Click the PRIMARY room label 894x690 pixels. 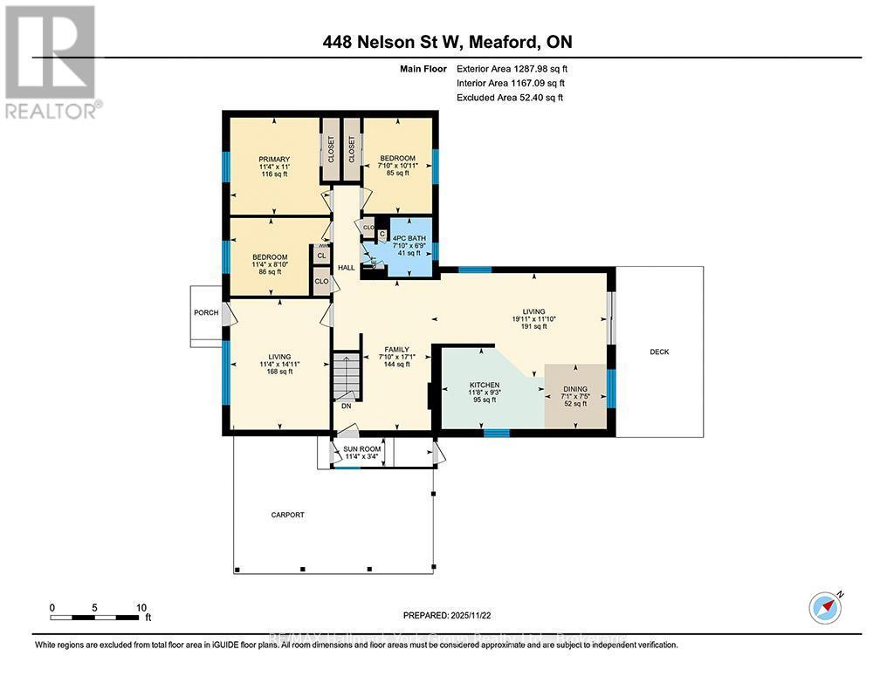tap(274, 159)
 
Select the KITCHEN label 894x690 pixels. tap(485, 385)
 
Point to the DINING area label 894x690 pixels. tap(574, 389)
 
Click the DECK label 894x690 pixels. tap(659, 352)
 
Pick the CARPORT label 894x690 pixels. tap(287, 515)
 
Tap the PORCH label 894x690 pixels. tap(206, 312)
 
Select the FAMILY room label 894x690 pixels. tap(397, 350)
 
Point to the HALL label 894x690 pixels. tap(347, 268)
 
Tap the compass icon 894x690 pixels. tap(825, 607)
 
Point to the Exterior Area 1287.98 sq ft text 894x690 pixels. tap(516, 68)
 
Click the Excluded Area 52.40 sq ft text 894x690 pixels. tap(511, 98)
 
